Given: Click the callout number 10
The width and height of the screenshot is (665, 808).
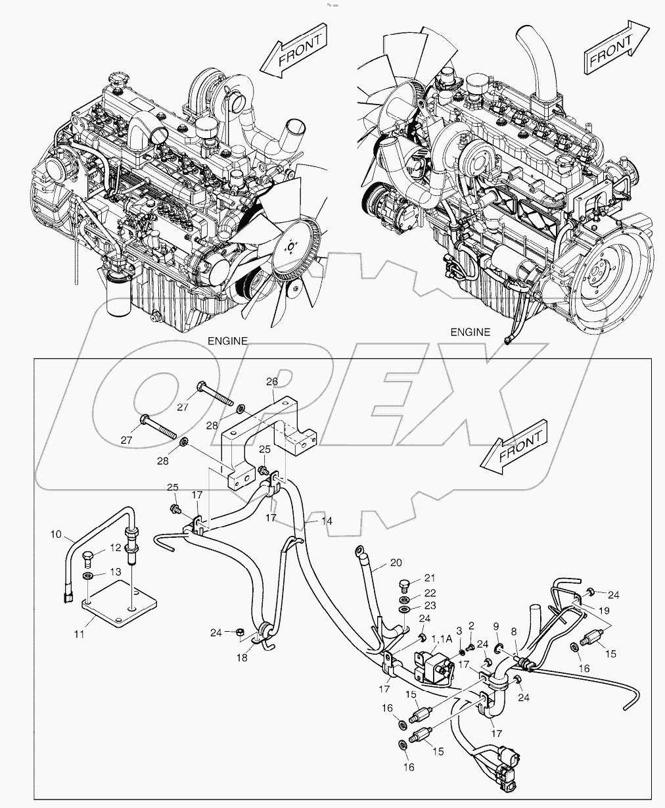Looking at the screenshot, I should tap(56, 534).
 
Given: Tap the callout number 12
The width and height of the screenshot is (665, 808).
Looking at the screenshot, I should tap(116, 548).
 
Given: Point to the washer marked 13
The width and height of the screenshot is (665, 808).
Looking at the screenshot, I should tap(87, 576).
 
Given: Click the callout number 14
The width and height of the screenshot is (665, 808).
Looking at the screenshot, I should tap(327, 520).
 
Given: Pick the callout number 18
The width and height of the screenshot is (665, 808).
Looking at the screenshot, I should tap(242, 657).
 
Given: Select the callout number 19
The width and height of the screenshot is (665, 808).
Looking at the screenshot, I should tap(603, 609).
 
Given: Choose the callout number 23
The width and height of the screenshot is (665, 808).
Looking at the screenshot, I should tap(429, 606).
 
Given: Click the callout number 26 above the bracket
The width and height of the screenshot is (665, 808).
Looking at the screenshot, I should tap(272, 381).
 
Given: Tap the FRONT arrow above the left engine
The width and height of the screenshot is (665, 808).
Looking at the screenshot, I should tap(293, 53).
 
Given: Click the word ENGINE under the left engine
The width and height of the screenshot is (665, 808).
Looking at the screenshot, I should tap(227, 341).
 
